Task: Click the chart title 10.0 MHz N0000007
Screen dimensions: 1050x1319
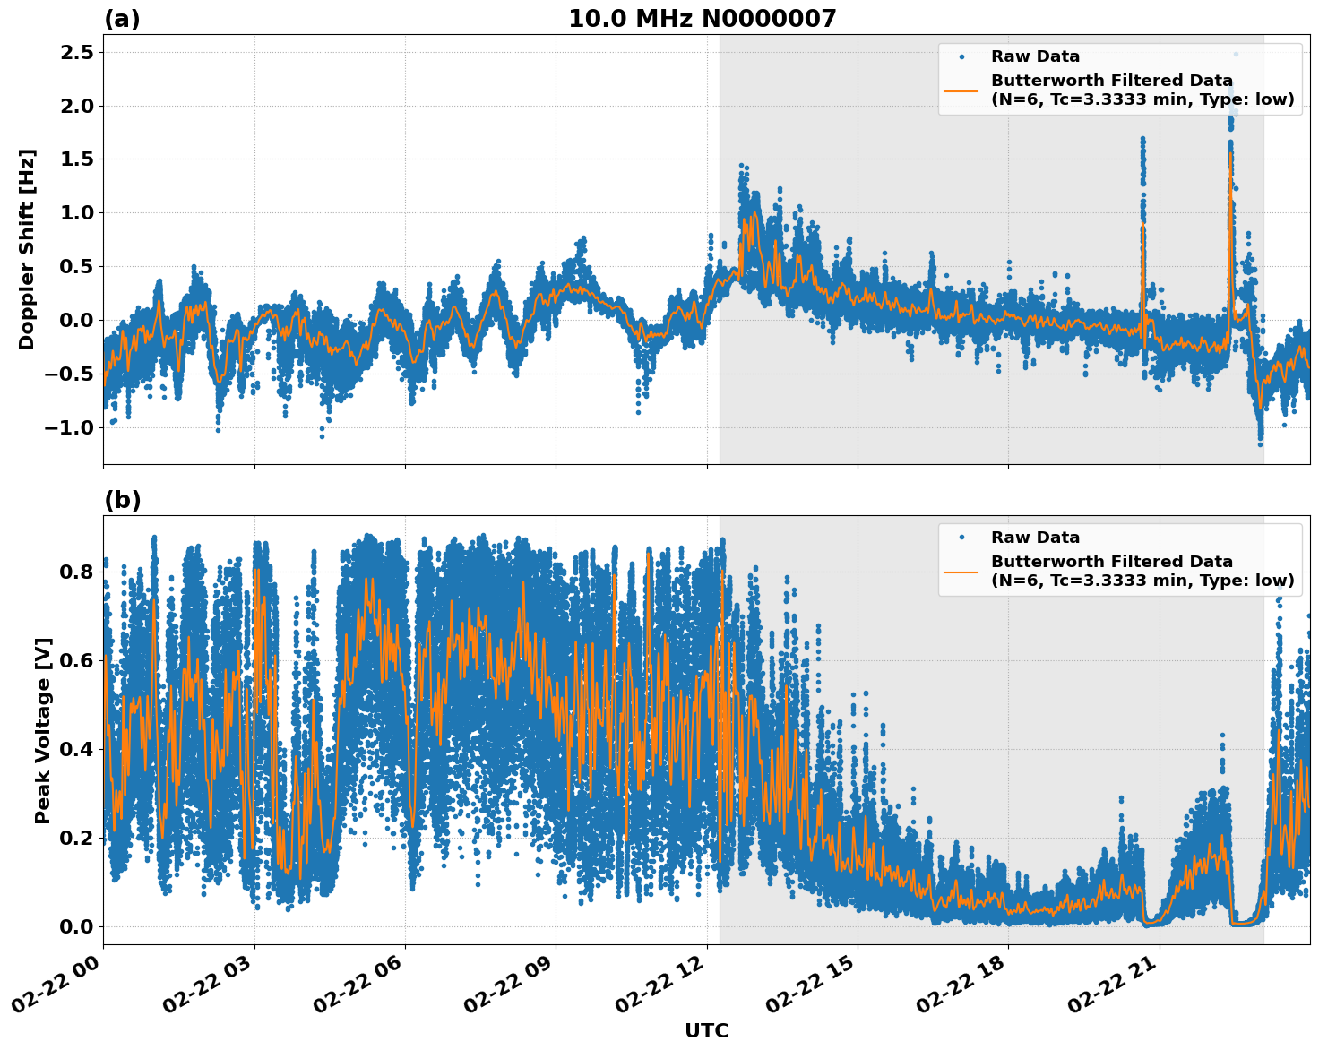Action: [x=702, y=19]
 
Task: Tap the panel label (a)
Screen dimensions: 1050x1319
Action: [x=122, y=19]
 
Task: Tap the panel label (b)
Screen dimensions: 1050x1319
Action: [x=122, y=500]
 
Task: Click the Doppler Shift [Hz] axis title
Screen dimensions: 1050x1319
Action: [x=27, y=249]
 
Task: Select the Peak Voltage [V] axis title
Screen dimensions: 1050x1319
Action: [x=42, y=730]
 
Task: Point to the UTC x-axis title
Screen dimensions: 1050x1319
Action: [x=706, y=1030]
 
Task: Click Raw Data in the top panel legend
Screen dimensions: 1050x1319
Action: [x=1035, y=56]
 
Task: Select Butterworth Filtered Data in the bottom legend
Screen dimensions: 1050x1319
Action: [x=1111, y=562]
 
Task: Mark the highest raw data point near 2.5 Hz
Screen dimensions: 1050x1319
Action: [x=1236, y=54]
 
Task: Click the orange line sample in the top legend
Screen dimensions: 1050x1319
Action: [x=961, y=90]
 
